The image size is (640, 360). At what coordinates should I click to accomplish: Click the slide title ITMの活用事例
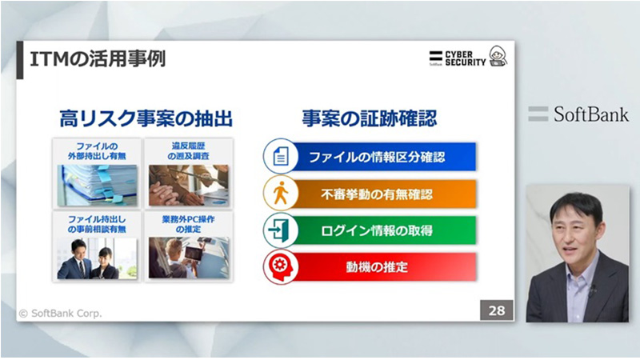tap(98, 59)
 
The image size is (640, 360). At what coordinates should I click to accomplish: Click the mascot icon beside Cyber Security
tap(498, 57)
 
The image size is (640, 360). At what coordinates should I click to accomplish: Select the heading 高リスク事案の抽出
tap(146, 118)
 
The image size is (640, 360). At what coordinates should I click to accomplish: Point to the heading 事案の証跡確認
tap(369, 118)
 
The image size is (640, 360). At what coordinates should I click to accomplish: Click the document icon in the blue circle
tap(279, 157)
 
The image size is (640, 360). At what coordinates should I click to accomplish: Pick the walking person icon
tap(279, 194)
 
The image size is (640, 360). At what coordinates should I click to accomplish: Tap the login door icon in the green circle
tap(279, 230)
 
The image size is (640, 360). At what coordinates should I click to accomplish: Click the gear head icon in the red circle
tap(279, 267)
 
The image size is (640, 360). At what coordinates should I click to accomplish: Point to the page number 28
tap(496, 310)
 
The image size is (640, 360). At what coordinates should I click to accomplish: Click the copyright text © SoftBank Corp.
tap(60, 313)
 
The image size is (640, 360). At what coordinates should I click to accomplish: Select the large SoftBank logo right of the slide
tap(578, 114)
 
